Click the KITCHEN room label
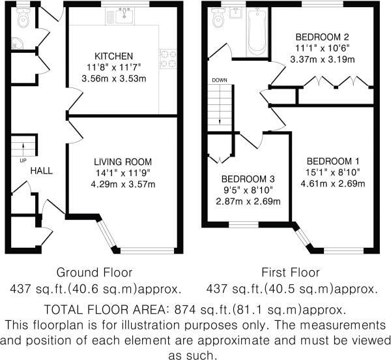coord(114,56)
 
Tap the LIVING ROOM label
coord(123,162)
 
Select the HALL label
coord(41,171)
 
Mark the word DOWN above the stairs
coord(219,80)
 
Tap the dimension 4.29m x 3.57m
coord(123,184)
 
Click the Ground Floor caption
coord(94,272)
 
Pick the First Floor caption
coord(291,272)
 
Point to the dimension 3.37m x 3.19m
coord(322,59)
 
